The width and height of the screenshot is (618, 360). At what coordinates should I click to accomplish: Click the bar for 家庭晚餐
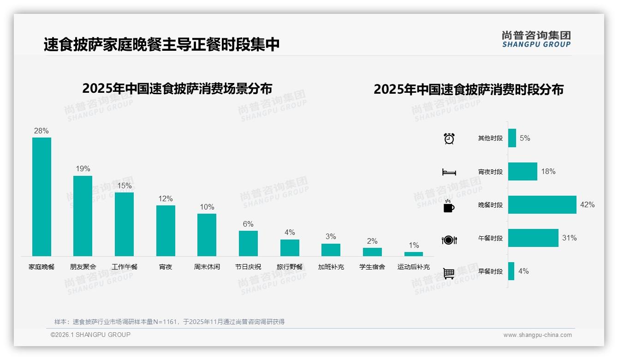42,197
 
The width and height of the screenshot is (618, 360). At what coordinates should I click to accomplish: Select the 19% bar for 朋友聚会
83,216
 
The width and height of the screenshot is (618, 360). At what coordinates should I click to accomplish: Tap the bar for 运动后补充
414,254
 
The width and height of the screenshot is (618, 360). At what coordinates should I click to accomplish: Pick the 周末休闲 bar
207,234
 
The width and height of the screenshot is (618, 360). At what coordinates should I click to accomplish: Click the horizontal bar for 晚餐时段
542,204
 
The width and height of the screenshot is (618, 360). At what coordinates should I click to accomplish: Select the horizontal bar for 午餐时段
533,238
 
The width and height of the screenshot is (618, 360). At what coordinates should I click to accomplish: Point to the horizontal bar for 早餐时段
511,271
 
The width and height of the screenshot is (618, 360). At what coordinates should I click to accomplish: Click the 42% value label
587,204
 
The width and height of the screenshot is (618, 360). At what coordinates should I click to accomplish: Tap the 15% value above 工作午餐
124,186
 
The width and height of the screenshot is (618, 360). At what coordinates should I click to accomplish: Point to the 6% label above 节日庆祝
248,224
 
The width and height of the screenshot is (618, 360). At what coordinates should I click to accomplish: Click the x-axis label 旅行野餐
290,267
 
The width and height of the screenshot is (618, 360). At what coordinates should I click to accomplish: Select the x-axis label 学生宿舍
372,267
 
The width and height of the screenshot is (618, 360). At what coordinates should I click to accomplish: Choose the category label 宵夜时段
490,172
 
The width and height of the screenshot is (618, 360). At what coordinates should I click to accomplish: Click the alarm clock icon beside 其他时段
449,138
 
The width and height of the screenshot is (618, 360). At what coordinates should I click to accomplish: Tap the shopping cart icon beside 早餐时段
449,273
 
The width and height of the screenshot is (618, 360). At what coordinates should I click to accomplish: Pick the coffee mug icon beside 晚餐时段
449,206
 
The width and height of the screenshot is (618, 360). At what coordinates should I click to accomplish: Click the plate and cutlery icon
449,240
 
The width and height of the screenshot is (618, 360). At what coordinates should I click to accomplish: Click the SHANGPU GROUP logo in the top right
536,39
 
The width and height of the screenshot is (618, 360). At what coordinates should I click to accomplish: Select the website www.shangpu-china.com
537,335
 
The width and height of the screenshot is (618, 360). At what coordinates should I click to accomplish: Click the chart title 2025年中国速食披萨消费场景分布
177,88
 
